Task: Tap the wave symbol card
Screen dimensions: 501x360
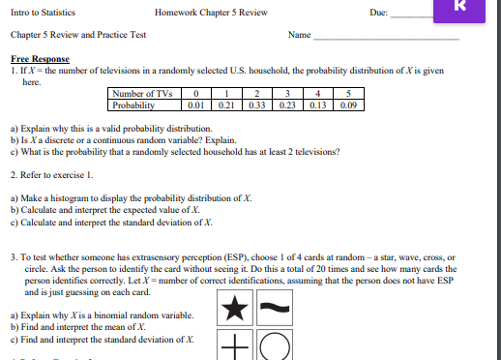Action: [x=274, y=310]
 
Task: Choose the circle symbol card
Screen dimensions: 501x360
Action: [x=274, y=346]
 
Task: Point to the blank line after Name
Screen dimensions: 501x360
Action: [x=386, y=37]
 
